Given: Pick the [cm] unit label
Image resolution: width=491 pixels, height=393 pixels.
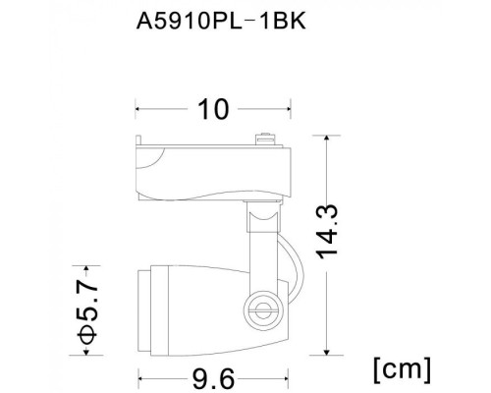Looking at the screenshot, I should click(402, 368).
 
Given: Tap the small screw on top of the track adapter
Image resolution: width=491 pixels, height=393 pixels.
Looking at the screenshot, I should click(262, 139).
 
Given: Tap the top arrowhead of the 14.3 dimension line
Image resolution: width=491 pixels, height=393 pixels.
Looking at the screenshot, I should click(326, 140).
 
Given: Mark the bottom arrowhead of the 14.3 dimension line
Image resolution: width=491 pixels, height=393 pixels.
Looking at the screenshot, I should click(326, 352).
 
